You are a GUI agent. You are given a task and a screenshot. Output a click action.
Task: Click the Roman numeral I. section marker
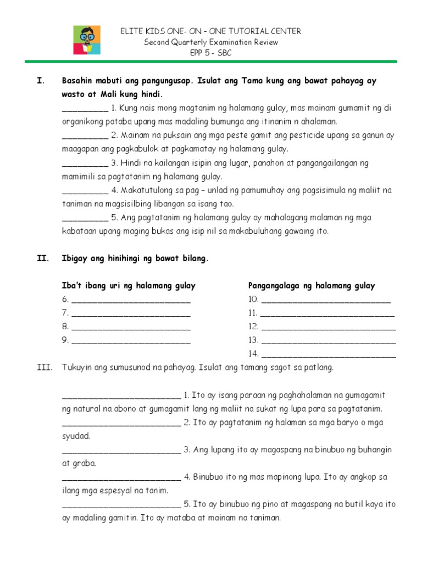pos(40,81)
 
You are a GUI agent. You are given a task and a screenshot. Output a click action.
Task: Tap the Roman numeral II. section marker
pos(42,258)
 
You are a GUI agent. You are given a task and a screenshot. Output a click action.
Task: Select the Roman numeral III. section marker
pos(44,367)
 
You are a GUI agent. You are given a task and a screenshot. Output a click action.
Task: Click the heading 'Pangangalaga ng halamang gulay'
pos(312,285)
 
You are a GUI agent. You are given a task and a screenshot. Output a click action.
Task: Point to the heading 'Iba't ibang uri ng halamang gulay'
pos(129,285)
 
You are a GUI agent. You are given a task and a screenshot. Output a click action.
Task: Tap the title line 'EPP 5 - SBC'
pos(211,53)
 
